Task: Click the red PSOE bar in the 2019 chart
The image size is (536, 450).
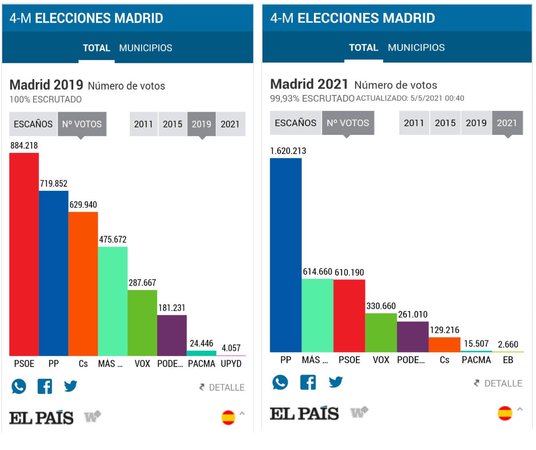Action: [x=24, y=254]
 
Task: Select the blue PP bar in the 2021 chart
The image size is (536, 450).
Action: [x=286, y=255]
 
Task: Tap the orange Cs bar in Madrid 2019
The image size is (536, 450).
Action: [x=83, y=284]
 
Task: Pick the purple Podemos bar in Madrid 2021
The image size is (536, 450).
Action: [x=413, y=336]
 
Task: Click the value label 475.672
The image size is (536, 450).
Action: [x=113, y=240]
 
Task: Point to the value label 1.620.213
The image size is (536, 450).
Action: [x=288, y=151]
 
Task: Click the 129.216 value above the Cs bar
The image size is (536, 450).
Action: [x=445, y=330]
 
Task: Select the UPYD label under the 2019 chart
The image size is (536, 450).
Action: [x=231, y=364]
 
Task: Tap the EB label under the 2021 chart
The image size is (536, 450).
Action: [x=508, y=360]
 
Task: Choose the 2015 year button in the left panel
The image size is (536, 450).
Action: [x=172, y=124]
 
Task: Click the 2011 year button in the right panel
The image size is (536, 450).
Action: [x=414, y=123]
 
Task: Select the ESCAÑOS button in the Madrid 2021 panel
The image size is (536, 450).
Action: [x=296, y=123]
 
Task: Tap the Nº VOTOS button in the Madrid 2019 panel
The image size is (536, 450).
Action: [x=82, y=124]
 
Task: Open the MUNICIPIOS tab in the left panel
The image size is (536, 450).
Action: [x=146, y=48]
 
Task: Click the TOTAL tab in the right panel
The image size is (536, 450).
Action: [x=364, y=47]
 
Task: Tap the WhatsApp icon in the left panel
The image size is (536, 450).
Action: [x=19, y=387]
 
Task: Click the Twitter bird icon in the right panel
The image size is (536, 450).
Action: [x=336, y=382]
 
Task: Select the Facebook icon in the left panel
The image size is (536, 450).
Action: [x=44, y=387]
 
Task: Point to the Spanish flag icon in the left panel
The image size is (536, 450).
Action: [x=228, y=418]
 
